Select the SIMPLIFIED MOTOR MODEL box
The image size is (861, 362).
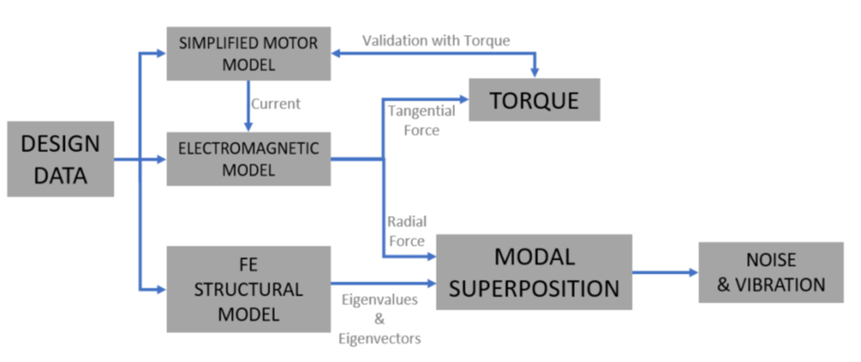click(248, 52)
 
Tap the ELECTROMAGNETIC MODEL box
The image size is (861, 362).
click(248, 159)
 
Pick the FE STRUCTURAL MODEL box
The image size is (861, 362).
click(248, 289)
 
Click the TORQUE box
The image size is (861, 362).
click(534, 100)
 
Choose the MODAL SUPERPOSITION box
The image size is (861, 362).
click(534, 272)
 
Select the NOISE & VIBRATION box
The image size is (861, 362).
click(771, 273)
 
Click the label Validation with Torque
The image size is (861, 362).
click(436, 40)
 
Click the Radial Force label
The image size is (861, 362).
click(405, 232)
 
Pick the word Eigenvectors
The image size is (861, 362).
click(378, 338)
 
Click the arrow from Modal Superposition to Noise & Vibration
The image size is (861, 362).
click(665, 272)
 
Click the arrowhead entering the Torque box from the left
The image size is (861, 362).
click(463, 99)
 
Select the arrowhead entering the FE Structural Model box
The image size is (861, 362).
click(161, 288)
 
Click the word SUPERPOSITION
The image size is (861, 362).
click(534, 288)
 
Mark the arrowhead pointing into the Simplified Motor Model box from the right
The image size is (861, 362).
click(337, 53)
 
